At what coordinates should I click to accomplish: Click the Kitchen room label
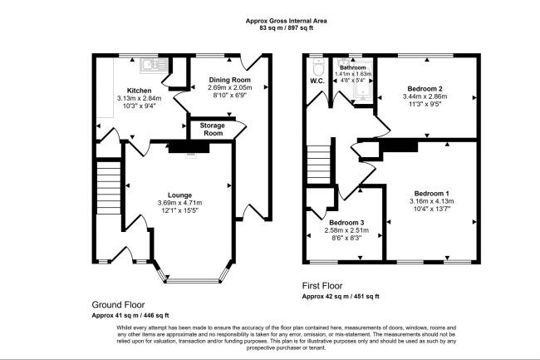[x=138, y=90]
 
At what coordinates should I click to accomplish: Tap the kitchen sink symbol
[x=150, y=62]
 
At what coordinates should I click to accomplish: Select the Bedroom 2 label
[x=424, y=88]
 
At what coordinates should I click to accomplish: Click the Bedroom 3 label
[x=344, y=223]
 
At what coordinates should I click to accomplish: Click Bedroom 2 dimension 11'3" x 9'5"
[x=424, y=105]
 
